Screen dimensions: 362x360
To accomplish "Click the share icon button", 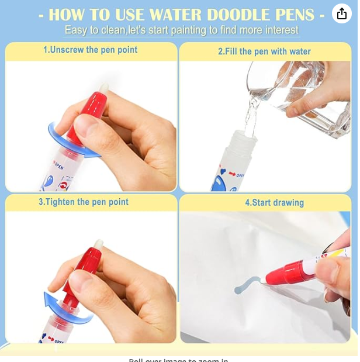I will [x=342, y=14].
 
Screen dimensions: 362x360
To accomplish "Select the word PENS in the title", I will [x=294, y=15].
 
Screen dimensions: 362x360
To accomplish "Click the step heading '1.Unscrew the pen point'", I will [x=91, y=50].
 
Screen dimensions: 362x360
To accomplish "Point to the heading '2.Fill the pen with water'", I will [x=264, y=51].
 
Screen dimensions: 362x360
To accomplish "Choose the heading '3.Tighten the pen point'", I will [x=84, y=202].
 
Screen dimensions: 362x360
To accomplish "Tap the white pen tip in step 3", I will [x=99, y=244].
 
